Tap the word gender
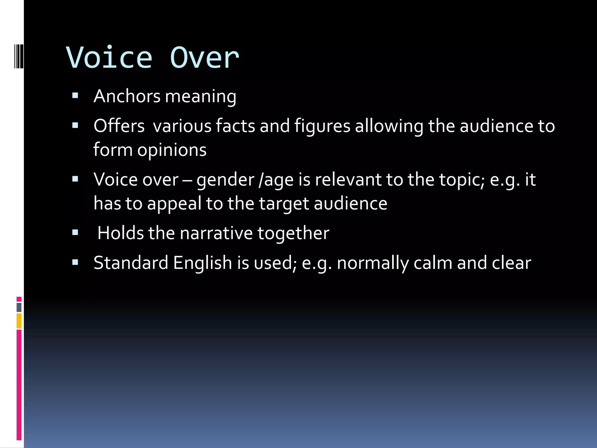point(225,180)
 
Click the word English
point(203,263)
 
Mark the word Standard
point(131,262)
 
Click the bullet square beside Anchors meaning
point(75,96)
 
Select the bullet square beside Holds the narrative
point(75,233)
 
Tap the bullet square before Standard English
point(75,262)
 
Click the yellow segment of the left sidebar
point(19,321)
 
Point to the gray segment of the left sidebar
point(19,307)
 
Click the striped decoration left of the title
point(19,56)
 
